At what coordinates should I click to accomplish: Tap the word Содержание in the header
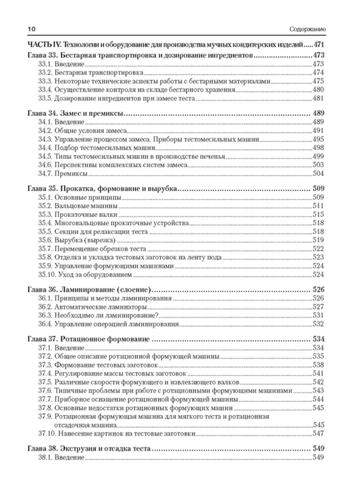click(307, 29)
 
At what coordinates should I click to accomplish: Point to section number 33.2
click(45, 73)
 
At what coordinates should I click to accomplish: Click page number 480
click(318, 90)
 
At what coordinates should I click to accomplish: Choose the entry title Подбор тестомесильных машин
click(105, 148)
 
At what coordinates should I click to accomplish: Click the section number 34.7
click(45, 174)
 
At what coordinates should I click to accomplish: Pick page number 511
click(318, 206)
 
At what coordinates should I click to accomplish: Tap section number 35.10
click(47, 275)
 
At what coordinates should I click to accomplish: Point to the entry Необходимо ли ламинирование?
click(107, 315)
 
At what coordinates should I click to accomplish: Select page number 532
click(318, 324)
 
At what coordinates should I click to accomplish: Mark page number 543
click(318, 391)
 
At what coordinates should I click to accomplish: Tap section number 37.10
click(47, 433)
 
